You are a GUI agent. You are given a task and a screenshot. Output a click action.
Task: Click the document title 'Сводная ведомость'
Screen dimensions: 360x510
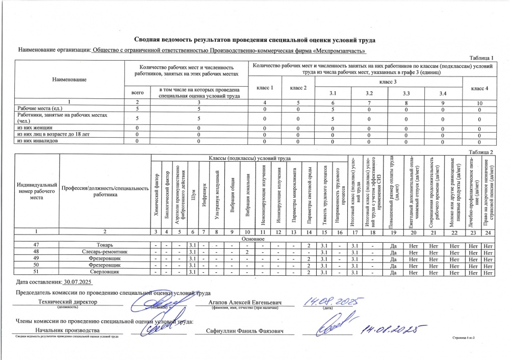point(254,40)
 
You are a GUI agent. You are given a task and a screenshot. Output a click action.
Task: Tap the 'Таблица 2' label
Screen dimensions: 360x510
point(481,152)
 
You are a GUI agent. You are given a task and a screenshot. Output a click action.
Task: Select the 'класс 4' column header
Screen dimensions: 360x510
point(479,88)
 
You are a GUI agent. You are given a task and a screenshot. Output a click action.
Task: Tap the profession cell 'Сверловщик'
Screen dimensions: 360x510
point(106,273)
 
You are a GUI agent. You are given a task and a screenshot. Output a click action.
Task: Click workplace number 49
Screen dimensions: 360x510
point(36,259)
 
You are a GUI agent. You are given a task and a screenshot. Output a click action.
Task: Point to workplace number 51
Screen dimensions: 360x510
point(36,273)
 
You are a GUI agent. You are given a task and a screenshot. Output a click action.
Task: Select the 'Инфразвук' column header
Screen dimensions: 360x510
point(203,191)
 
